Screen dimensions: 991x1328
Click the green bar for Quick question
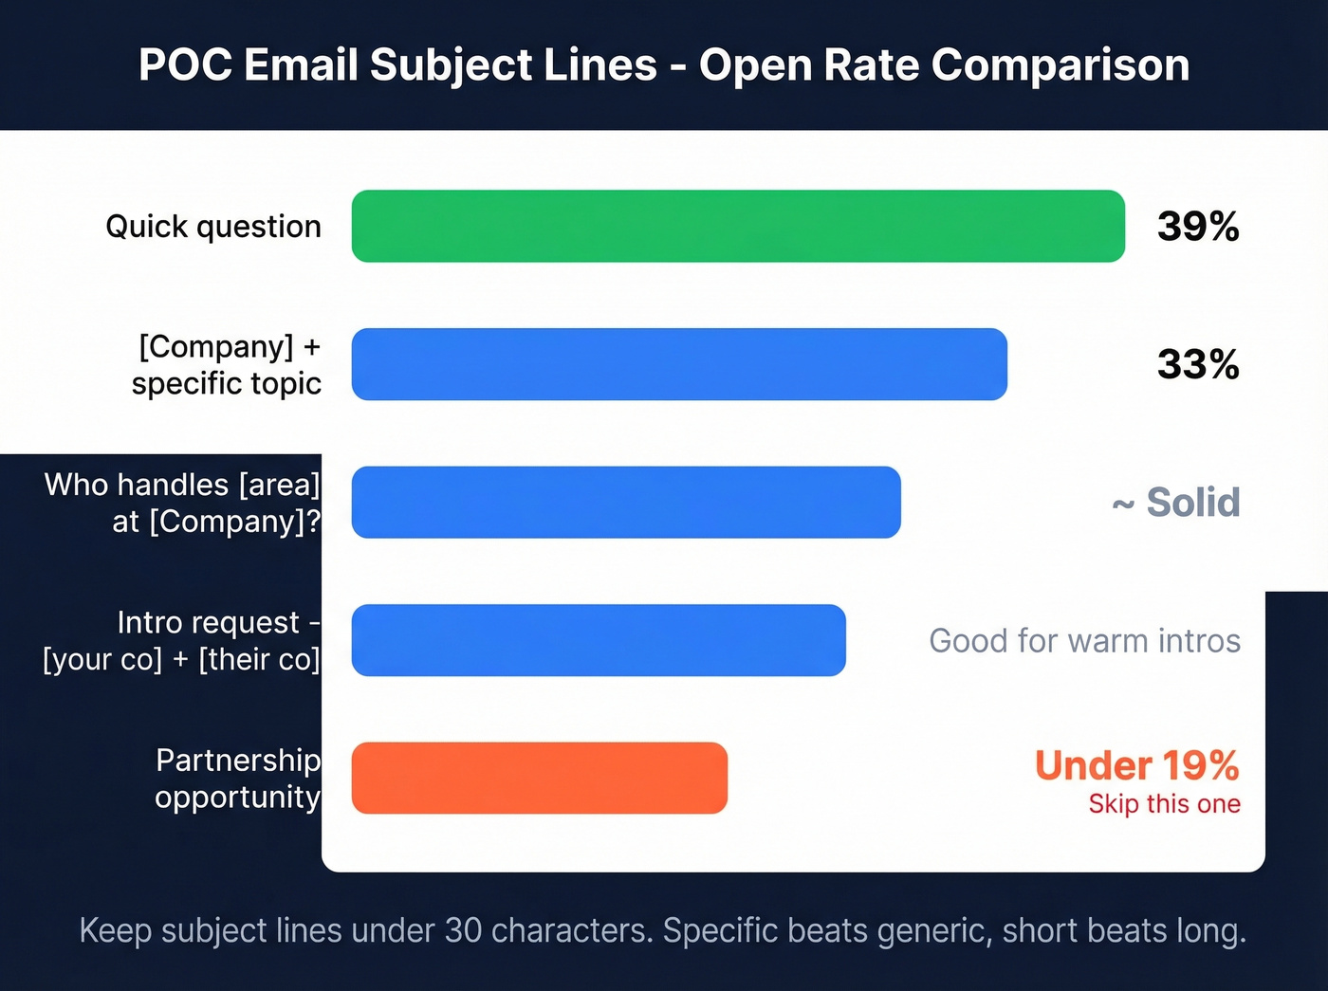tap(738, 227)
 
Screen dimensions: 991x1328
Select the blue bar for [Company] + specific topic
tap(679, 364)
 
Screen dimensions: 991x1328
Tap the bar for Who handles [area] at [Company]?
tap(626, 503)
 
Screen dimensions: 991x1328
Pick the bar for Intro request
tap(599, 640)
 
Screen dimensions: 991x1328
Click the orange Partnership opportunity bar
tap(539, 779)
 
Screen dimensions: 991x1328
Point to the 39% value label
tap(1198, 227)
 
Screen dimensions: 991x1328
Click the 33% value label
tap(1198, 364)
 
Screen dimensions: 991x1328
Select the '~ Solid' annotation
tap(1176, 503)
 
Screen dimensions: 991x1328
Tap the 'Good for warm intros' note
tap(1084, 641)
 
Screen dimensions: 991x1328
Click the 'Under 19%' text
tap(1136, 765)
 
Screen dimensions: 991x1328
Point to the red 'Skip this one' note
tap(1164, 804)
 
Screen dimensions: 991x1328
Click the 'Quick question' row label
tap(213, 227)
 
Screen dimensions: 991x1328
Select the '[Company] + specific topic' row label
tap(228, 365)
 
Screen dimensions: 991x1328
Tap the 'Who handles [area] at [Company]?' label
tap(182, 503)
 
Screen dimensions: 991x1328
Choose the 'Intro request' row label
tap(182, 641)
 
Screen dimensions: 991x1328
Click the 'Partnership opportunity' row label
tap(237, 779)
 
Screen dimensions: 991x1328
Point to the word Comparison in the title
tap(1060, 65)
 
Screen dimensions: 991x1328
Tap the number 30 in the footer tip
tap(463, 931)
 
